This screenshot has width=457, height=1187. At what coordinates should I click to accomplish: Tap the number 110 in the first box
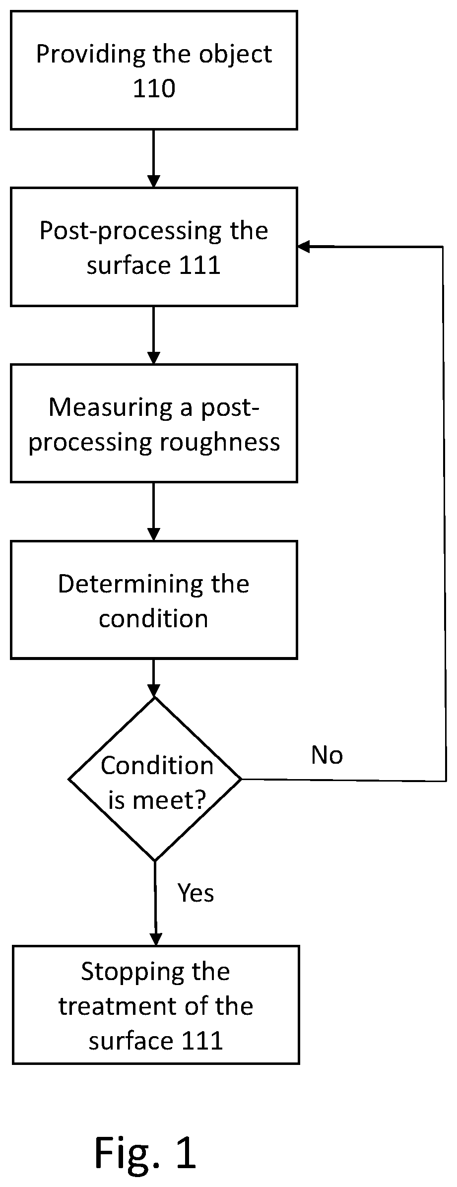click(x=154, y=88)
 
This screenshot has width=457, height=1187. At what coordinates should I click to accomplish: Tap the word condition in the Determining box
click(x=153, y=619)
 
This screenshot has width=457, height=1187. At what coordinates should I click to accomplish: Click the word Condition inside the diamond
click(x=157, y=765)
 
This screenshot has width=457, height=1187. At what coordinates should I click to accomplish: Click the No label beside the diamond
click(x=327, y=755)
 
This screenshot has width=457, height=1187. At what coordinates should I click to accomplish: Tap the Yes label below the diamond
click(x=196, y=893)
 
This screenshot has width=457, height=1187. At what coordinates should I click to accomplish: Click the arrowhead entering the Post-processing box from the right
click(x=304, y=246)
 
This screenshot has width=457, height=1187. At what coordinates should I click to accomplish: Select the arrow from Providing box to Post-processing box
click(x=154, y=159)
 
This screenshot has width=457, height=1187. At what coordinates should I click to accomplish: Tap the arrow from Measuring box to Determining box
click(x=154, y=512)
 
